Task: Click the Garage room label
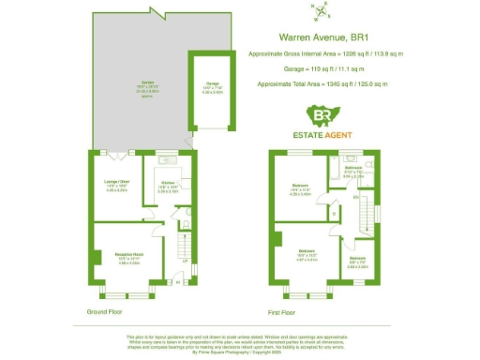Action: click(212, 87)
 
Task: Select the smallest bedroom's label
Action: click(358, 261)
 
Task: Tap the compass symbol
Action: click(323, 12)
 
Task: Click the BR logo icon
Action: click(324, 116)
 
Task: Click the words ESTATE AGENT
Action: click(324, 135)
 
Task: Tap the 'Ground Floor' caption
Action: click(108, 311)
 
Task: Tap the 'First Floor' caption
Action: click(281, 311)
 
